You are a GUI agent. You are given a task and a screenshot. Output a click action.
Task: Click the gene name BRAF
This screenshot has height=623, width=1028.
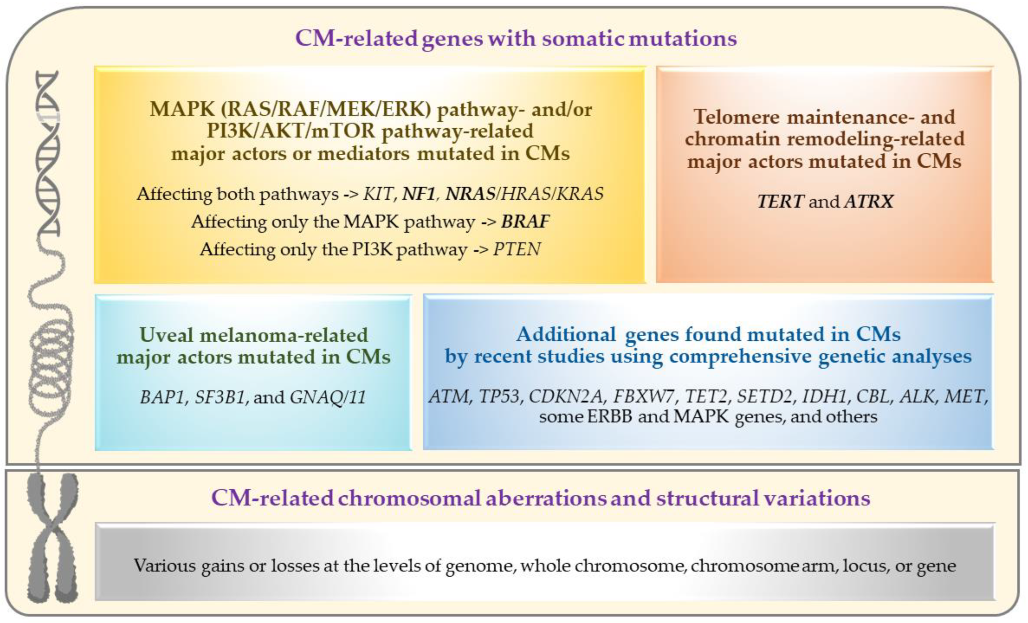coord(525,221)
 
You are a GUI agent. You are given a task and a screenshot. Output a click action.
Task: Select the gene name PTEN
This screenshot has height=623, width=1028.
coord(517,249)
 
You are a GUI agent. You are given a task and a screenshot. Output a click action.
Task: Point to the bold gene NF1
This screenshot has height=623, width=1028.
coord(418,194)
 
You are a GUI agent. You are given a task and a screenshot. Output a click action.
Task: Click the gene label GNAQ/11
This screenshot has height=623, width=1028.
coord(328,397)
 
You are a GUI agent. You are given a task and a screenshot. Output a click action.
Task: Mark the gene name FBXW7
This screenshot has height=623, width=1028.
coord(643,396)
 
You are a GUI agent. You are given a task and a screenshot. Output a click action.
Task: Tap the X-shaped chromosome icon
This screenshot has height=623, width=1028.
coord(52,538)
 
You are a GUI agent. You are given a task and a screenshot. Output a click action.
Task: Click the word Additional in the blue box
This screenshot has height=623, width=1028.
coord(565,334)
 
